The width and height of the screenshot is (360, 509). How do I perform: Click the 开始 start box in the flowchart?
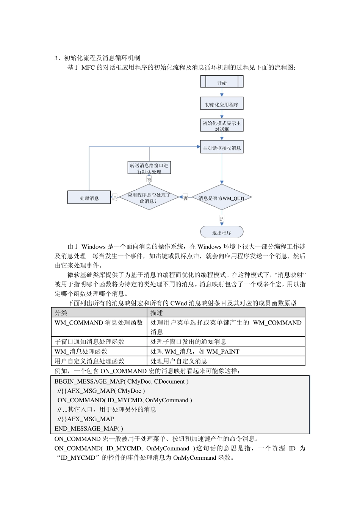[222, 82]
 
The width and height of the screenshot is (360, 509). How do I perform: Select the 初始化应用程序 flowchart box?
[222, 104]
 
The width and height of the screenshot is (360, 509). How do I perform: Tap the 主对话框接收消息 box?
[222, 147]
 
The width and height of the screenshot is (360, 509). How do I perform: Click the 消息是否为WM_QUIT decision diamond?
[222, 197]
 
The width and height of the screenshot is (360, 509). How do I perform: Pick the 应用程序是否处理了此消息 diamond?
[149, 197]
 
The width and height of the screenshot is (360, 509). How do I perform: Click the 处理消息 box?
[89, 198]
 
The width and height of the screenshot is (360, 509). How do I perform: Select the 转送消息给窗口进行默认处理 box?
[149, 168]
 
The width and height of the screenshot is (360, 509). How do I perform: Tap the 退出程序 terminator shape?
[222, 232]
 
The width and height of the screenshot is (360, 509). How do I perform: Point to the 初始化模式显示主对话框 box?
[222, 125]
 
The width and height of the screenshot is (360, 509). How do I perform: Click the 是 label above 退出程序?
[222, 219]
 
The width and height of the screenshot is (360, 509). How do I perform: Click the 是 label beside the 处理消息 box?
[115, 198]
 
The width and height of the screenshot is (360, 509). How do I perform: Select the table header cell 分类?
[61, 313]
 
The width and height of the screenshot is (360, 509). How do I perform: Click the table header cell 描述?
[157, 313]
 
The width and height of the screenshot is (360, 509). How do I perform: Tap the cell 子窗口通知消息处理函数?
[89, 342]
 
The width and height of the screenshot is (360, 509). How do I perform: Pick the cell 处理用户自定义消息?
[179, 361]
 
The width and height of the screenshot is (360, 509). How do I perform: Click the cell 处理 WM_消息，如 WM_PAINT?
[195, 351]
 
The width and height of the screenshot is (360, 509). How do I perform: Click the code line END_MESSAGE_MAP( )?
[89, 429]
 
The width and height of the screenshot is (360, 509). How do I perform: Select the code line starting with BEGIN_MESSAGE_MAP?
[121, 382]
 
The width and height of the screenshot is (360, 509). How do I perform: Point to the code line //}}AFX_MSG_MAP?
[86, 419]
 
